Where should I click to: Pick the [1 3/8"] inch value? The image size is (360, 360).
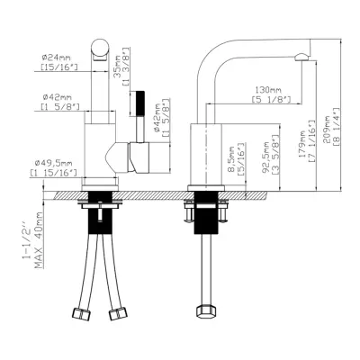tap(129, 67)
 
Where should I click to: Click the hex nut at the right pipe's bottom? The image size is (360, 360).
tap(204, 313)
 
